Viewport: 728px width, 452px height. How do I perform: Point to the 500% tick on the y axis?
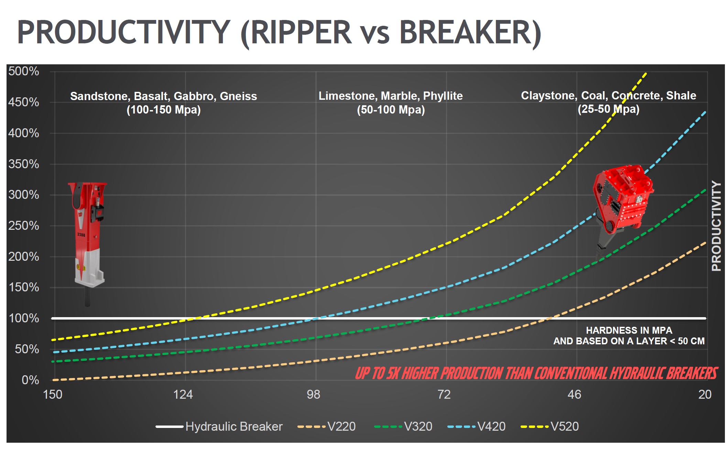[x=23, y=71]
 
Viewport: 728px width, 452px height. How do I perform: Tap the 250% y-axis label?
[x=23, y=226]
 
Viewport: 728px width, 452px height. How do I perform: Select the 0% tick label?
[x=30, y=380]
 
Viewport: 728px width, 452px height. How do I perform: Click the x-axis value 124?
[x=183, y=394]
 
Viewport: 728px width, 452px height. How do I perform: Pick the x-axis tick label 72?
[x=444, y=394]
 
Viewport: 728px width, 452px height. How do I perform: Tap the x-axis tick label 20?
[x=705, y=394]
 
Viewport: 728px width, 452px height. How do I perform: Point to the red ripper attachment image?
[x=622, y=203]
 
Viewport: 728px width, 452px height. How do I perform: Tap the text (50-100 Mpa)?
[x=391, y=110]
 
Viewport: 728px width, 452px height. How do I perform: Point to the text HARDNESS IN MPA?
[x=629, y=330]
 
